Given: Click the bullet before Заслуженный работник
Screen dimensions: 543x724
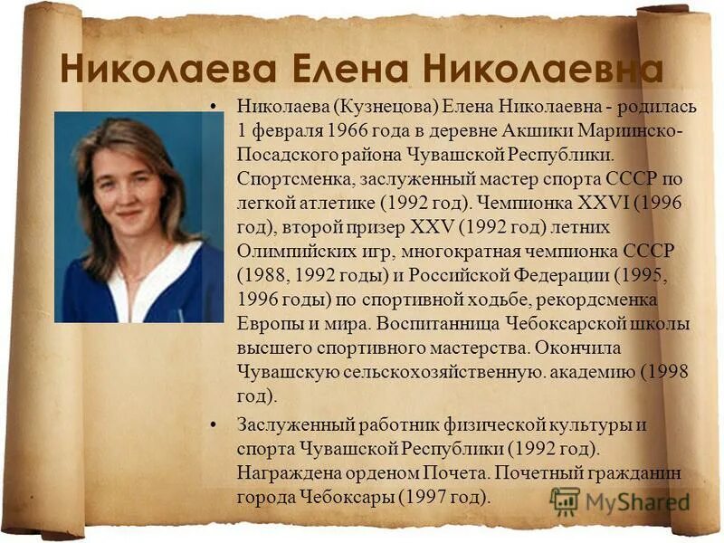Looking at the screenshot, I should click(214, 424).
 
